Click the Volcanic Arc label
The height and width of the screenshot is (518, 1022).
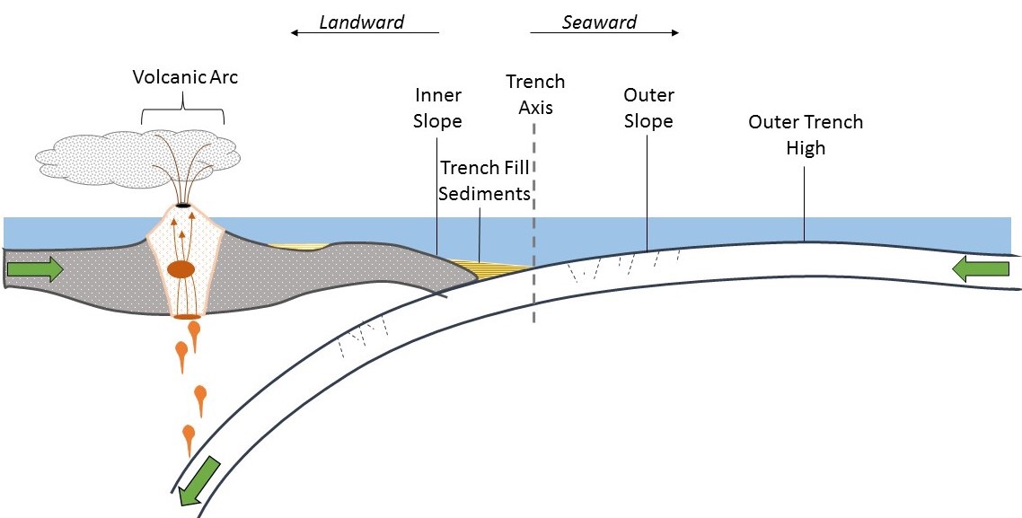pos(185,77)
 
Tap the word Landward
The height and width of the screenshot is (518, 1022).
pos(362,22)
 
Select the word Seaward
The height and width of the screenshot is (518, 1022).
pos(599,22)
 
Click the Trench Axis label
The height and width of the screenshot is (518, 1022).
pos(535,94)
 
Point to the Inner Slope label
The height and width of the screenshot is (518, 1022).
pos(437,108)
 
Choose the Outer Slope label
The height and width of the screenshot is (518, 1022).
pos(648,108)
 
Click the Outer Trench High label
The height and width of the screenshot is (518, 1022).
pos(806,135)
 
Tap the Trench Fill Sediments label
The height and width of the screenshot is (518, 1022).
pos(485,180)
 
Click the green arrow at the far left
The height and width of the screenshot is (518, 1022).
pos(35,268)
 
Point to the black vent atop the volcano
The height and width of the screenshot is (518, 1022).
pos(184,206)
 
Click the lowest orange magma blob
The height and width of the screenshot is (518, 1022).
pos(189,438)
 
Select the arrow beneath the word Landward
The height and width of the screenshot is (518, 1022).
pos(364,33)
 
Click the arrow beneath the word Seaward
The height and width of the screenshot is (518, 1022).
pos(604,33)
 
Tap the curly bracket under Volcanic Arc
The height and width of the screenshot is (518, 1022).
pos(183,112)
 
